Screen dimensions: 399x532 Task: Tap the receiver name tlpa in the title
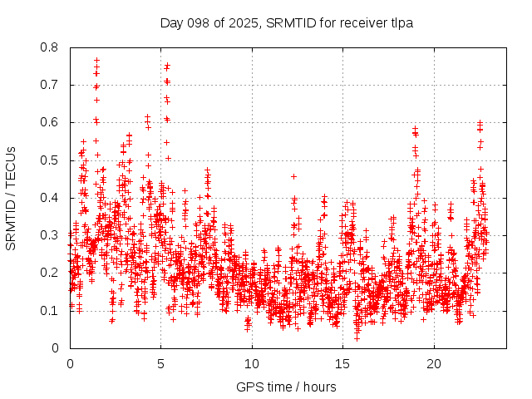coord(400,22)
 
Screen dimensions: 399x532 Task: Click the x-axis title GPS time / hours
coord(286,387)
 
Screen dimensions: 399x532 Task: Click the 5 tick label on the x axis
coord(161,364)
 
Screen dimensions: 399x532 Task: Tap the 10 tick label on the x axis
coord(252,364)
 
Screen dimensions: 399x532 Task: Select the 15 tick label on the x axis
coord(343,364)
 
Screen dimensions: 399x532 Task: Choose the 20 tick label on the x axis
coord(434,364)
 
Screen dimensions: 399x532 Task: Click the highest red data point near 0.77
coord(96,60)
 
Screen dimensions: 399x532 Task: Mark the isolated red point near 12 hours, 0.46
coord(293,176)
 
